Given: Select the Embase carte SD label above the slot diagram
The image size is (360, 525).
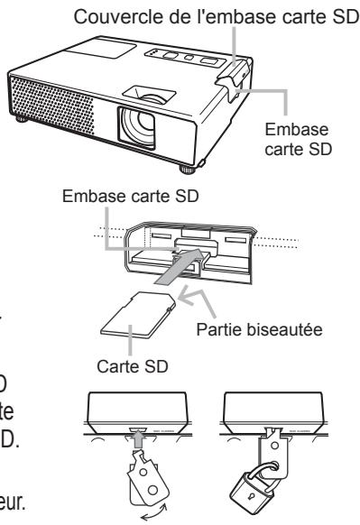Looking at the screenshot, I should [145, 195].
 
